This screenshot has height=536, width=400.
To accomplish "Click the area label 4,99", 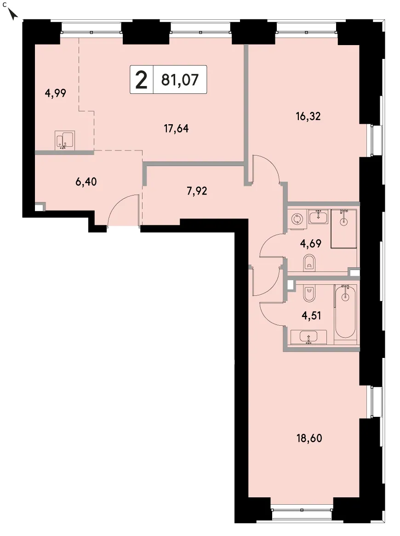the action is tap(55, 93).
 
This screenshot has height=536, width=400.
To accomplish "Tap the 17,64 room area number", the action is tap(176, 129).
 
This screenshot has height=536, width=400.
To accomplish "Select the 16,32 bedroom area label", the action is tap(308, 116).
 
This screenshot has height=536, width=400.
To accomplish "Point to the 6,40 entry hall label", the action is tap(86, 182).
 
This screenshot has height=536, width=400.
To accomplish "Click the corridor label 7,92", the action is tap(197, 191).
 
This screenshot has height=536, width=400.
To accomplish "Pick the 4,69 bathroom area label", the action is tap(310, 244).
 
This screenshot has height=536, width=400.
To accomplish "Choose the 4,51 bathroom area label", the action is tap(311, 316).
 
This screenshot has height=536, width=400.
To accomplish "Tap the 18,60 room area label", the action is tap(309, 438).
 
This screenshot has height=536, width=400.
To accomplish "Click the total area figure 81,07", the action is tap(180, 80).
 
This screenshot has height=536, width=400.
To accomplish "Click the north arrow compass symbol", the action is tap(12, 14).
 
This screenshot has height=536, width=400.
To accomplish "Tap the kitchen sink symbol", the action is tap(64, 140).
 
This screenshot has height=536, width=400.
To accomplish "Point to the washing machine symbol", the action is tap(297, 219).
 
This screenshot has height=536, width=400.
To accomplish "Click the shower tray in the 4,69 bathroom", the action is tap(343, 228).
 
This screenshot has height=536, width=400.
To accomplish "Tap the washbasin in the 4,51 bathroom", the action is tap(309, 337).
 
